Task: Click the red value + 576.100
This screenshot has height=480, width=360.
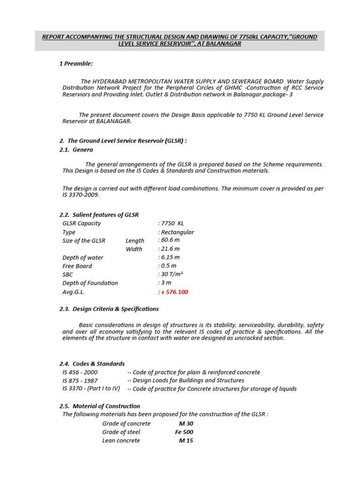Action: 175,292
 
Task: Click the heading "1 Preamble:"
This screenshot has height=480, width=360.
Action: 76,63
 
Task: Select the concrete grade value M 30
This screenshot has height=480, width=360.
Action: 186,423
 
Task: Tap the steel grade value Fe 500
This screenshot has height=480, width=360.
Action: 184,432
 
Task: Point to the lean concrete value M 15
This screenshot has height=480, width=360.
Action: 186,440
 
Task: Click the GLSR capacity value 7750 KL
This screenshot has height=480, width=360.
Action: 172,223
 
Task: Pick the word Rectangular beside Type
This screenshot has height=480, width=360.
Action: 177,232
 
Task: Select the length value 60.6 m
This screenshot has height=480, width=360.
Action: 170,240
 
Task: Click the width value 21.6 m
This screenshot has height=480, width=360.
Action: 170,249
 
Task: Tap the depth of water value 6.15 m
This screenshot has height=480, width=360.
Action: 170,257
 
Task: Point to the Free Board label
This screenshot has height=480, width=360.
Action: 77,266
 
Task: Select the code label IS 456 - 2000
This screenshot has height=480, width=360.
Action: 80,372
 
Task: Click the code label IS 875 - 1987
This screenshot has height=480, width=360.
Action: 80,381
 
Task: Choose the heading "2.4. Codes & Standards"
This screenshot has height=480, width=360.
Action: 92,364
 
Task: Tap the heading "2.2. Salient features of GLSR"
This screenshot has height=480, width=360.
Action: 99,215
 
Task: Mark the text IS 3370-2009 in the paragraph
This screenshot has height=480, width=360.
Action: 80,195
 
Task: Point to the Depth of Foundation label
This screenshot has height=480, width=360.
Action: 90,283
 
